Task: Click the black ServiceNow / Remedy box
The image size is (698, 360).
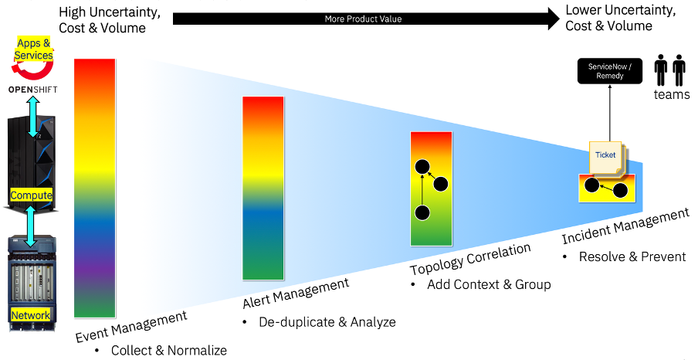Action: point(610,71)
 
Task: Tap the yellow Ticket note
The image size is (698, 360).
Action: point(606,157)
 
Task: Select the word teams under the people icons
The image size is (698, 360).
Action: point(672,94)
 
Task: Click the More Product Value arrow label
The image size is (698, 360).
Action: point(363,19)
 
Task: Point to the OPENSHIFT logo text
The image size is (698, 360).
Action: point(33,90)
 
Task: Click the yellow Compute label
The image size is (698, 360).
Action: point(31,195)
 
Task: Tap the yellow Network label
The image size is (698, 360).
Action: point(31,315)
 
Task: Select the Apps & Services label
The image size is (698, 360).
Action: point(33,49)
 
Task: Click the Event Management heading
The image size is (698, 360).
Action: point(131,327)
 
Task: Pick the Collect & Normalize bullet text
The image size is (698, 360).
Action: point(169,350)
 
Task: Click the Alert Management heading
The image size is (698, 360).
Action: point(296,293)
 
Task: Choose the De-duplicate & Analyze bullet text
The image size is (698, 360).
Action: point(327,321)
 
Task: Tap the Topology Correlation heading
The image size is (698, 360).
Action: point(470,260)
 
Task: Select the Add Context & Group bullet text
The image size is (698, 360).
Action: point(489,284)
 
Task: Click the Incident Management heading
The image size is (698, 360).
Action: point(625,226)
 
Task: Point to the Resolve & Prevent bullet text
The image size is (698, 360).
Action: point(632,256)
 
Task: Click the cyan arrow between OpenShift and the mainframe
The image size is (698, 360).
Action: point(33,117)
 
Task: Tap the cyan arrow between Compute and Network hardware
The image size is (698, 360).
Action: point(31,226)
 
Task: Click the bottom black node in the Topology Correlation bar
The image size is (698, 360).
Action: point(422,212)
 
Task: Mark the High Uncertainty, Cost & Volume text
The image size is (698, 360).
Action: point(110,19)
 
